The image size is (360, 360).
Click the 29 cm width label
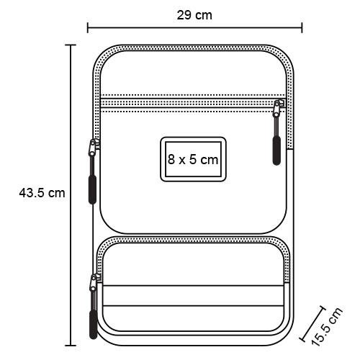coord(194,15)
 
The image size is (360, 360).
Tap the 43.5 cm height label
coord(42,193)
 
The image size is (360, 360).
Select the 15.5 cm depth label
coord(327,326)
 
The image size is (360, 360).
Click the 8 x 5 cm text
coord(193,159)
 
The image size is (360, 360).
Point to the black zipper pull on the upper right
coord(276,150)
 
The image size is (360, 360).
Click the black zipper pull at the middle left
coord(92,189)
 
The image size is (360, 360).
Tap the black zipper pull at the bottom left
coord(93,325)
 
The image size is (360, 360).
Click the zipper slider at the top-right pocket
coord(278,109)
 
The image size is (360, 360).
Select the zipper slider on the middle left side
coord(93,148)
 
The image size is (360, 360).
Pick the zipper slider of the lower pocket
coord(94,282)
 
